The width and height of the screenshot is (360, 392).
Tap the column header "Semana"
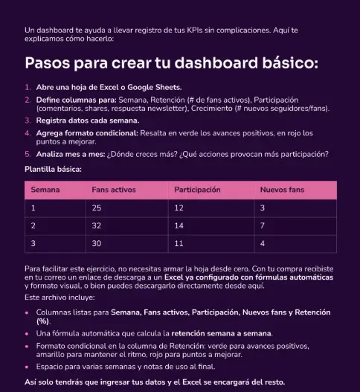tap(45, 190)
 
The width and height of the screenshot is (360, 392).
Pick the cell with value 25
tap(97, 208)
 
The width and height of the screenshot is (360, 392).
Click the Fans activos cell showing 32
tap(97, 225)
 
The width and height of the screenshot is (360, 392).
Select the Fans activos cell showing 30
tap(97, 243)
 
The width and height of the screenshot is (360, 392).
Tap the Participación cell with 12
tap(179, 208)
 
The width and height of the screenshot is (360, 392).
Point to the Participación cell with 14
tap(179, 225)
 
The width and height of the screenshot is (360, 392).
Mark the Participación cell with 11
tap(179, 243)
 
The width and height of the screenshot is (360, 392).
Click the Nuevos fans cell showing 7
tap(263, 225)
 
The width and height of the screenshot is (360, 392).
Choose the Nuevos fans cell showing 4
tap(263, 243)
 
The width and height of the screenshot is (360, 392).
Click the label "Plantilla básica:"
tap(53, 170)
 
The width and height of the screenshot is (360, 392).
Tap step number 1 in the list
tap(28, 88)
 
